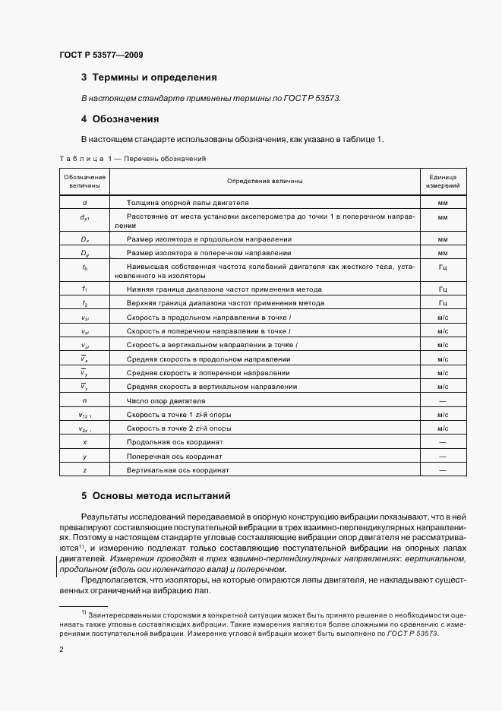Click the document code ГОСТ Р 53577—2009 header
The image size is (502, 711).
point(100,55)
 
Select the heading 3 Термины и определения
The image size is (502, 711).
point(149,77)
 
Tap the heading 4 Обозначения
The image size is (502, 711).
point(120,119)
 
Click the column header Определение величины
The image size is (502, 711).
point(264,181)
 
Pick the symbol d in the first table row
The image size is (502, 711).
point(84,203)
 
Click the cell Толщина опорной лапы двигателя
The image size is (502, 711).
point(188,203)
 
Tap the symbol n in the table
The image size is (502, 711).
point(84,400)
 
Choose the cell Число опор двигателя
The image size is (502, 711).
point(166,400)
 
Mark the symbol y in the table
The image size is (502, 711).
point(84,456)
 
